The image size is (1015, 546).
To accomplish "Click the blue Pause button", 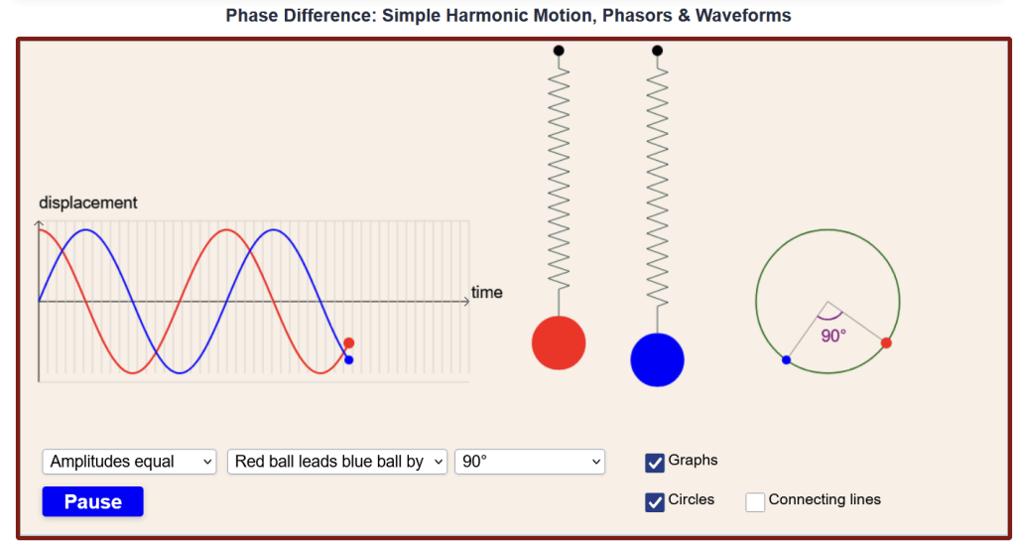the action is (x=92, y=501).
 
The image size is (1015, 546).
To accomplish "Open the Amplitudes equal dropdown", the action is (x=129, y=462).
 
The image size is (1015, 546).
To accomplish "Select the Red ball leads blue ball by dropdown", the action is (x=337, y=462).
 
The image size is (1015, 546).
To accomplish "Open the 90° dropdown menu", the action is (x=530, y=462).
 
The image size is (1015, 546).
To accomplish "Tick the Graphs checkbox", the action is (x=655, y=463).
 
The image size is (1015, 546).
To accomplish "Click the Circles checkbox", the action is (x=655, y=502).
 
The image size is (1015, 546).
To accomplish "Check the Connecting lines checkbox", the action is (x=755, y=502).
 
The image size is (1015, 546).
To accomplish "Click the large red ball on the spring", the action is (x=559, y=342).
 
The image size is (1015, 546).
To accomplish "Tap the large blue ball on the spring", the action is (x=657, y=360).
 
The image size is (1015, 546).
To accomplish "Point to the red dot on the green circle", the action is (x=886, y=342).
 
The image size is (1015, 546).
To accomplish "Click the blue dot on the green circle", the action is (x=786, y=359).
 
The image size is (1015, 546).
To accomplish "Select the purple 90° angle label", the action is (x=833, y=336).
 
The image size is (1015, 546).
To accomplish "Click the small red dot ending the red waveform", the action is (x=349, y=342).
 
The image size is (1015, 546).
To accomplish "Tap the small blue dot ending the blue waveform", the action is (x=349, y=359).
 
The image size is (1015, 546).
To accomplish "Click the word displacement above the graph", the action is (x=88, y=203).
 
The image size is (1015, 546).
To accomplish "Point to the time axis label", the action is (x=487, y=292).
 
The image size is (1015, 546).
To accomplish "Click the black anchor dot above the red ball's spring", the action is (x=559, y=51).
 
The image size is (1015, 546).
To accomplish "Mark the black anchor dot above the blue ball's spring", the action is (x=657, y=51).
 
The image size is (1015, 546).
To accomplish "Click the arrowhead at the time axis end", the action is (x=466, y=301).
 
